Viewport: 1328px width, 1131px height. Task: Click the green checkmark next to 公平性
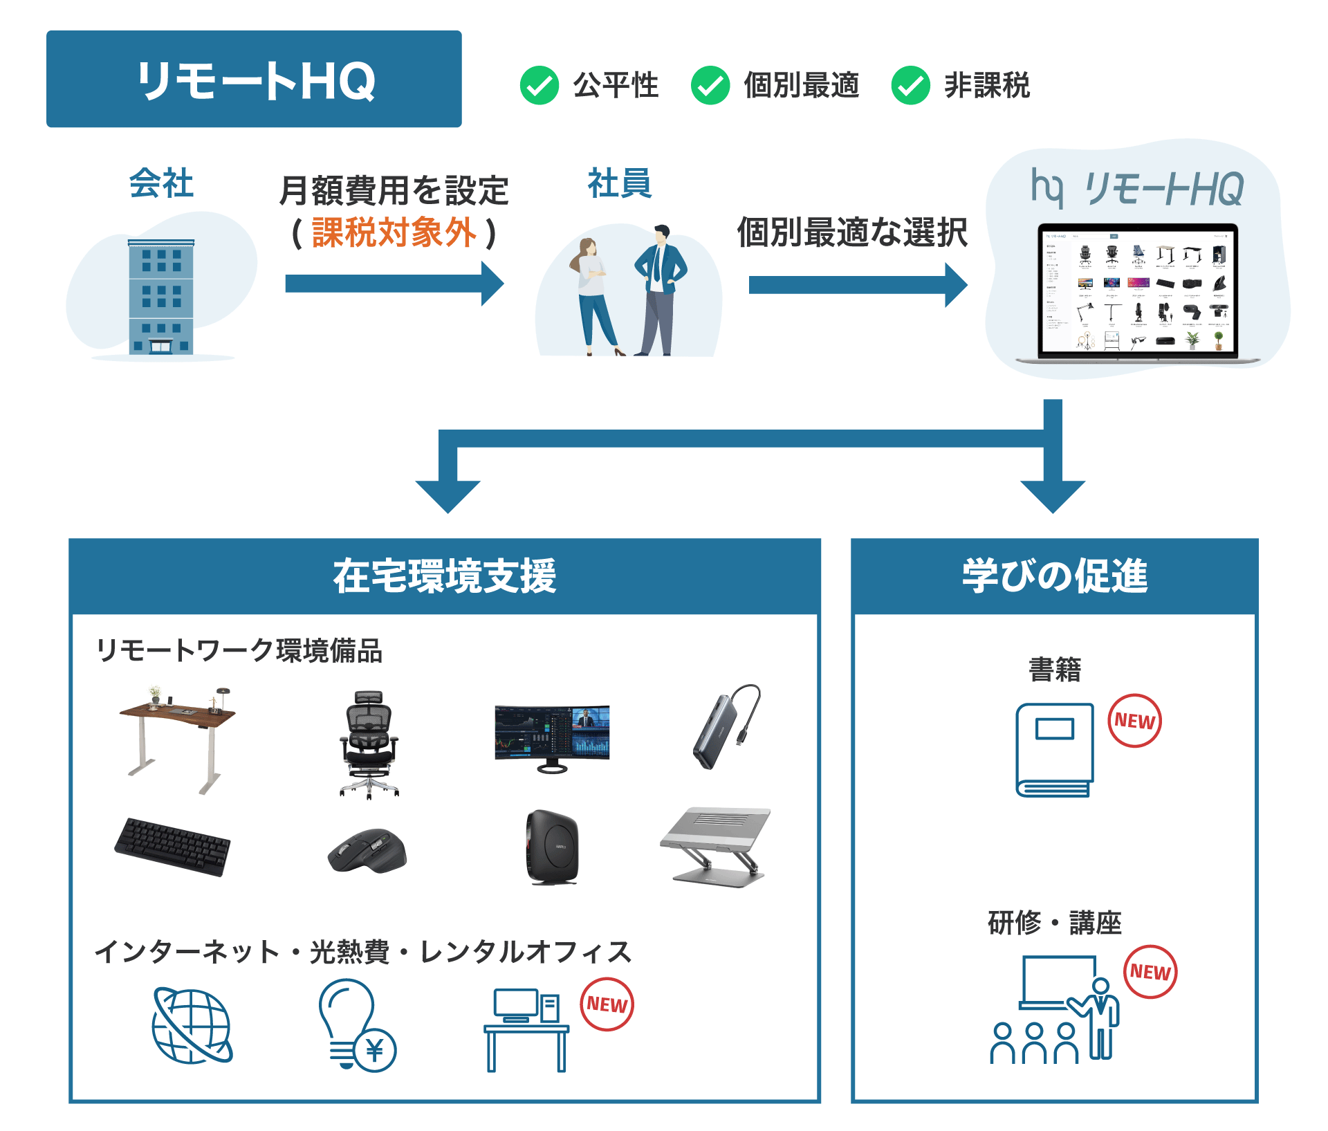pyautogui.click(x=539, y=86)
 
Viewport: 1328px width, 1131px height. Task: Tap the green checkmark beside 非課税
pyautogui.click(x=910, y=86)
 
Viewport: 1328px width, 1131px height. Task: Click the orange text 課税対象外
pyautogui.click(x=394, y=232)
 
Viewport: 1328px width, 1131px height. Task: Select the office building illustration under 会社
pyautogui.click(x=160, y=297)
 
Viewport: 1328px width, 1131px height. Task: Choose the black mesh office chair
pyautogui.click(x=369, y=744)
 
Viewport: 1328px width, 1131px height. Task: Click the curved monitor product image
pyautogui.click(x=552, y=737)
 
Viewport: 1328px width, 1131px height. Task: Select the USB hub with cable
pyautogui.click(x=726, y=726)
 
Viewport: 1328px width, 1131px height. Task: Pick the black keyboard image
pyautogui.click(x=172, y=846)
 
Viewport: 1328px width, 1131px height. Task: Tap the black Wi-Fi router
pyautogui.click(x=552, y=847)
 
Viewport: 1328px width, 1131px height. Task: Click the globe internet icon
pyautogui.click(x=192, y=1027)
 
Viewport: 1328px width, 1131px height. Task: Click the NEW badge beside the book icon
pyautogui.click(x=1134, y=721)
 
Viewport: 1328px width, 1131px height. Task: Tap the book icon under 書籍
pyautogui.click(x=1054, y=750)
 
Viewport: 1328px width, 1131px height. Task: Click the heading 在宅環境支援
pyautogui.click(x=445, y=576)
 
